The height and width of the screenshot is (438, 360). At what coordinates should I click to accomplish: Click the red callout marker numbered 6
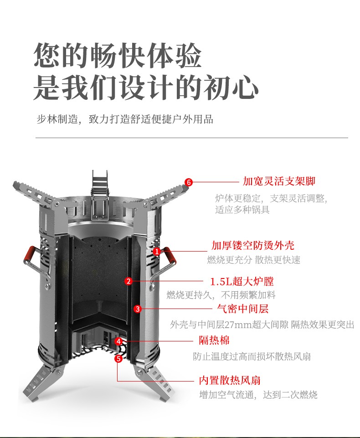(189, 182)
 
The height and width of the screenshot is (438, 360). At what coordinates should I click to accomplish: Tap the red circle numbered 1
(157, 252)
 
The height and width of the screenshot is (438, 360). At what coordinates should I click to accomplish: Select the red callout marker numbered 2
(129, 281)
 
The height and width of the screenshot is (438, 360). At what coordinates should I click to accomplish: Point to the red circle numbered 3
(138, 309)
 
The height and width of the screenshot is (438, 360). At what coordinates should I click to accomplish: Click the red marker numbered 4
(119, 341)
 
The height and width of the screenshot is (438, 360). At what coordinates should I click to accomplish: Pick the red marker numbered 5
(118, 358)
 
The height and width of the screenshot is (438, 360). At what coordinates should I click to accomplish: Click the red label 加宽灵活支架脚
(279, 181)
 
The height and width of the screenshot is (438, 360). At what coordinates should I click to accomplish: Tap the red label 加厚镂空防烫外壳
(253, 245)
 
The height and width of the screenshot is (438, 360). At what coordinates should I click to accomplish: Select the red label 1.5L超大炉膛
(242, 281)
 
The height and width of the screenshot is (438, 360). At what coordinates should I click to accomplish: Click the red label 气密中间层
(243, 309)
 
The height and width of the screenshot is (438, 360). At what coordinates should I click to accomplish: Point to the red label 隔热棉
(214, 340)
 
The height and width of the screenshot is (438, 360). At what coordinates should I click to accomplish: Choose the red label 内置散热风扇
(230, 380)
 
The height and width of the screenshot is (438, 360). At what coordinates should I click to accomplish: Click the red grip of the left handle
(29, 254)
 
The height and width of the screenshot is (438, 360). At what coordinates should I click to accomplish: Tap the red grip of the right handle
(170, 256)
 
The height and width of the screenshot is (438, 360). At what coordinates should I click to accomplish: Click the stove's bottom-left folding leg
(42, 383)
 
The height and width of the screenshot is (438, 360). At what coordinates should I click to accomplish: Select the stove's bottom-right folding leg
(154, 383)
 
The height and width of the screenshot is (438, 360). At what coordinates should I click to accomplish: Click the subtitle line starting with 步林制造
(125, 119)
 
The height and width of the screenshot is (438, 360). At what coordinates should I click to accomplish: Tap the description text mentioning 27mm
(262, 325)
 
